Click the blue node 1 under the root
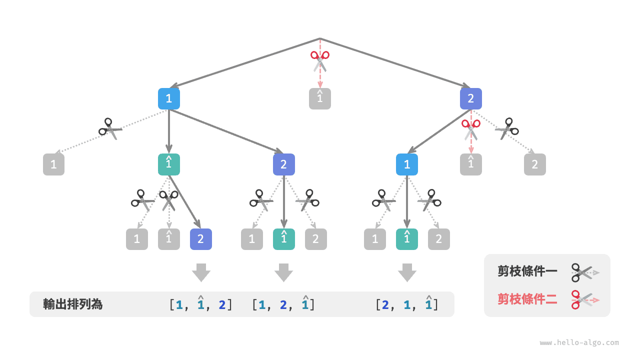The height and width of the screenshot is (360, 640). tap(169, 99)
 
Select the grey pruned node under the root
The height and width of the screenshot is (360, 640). tap(320, 99)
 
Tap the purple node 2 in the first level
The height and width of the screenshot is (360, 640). tap(471, 99)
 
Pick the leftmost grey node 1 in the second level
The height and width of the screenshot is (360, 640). tap(54, 164)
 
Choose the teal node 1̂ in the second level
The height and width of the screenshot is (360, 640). tap(169, 164)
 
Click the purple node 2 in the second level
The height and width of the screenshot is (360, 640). tap(284, 164)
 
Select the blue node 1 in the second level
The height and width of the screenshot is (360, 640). tap(407, 164)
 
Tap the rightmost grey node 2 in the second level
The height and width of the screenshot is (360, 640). tap(535, 164)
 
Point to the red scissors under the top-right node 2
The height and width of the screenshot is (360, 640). tap(470, 129)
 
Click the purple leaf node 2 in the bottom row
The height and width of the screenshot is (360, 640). tap(201, 239)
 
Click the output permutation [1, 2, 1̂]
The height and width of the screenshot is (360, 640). tap(283, 304)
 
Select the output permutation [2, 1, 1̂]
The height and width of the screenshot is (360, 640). tap(407, 304)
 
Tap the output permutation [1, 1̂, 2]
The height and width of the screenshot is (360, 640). tap(201, 304)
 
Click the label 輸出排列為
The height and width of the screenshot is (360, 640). tap(73, 304)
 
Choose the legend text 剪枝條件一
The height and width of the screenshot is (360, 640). tap(527, 271)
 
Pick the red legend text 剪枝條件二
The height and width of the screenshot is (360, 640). tap(527, 299)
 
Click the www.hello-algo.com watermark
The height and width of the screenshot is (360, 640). tap(579, 343)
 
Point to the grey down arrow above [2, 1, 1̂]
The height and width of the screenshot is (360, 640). tap(407, 272)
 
